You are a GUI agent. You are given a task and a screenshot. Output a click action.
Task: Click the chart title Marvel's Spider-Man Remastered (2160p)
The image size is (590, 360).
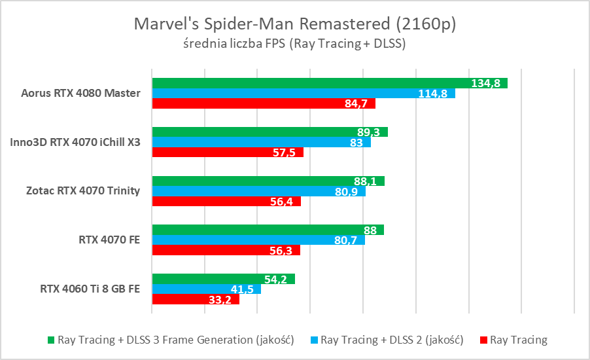tap(294, 24)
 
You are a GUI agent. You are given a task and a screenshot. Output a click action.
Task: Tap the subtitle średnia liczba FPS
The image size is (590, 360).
tap(294, 45)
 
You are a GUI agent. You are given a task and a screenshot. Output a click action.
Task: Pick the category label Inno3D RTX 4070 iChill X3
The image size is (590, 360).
tap(75, 142)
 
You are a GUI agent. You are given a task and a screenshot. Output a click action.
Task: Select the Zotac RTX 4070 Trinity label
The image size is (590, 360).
tap(82, 191)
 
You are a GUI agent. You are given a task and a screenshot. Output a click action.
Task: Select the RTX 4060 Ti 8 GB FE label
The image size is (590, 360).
tap(90, 289)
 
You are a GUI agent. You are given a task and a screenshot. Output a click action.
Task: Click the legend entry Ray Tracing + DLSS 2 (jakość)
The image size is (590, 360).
tap(392, 340)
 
